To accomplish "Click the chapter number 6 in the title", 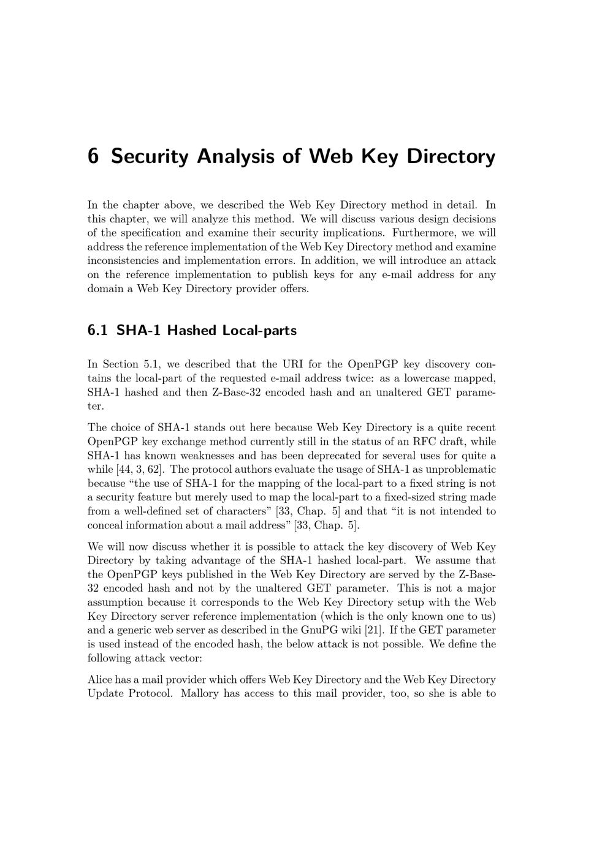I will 93,156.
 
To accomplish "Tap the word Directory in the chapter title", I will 451,156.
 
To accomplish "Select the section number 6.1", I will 97,331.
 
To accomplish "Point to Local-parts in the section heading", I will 259,331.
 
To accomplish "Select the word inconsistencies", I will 123,261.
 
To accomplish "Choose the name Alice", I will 100,679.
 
